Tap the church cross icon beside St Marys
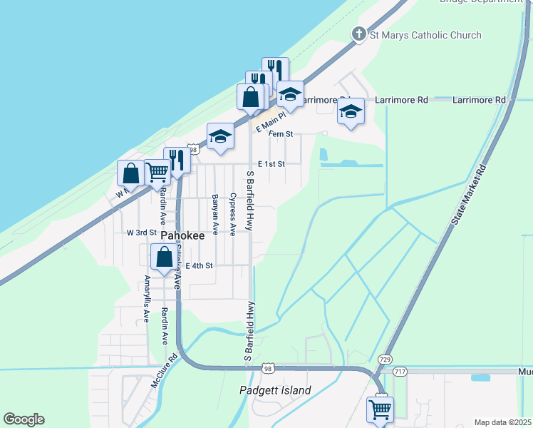click(x=360, y=34)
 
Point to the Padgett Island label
click(x=274, y=390)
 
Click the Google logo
click(x=24, y=419)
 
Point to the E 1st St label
click(x=271, y=164)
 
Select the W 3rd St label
click(x=141, y=233)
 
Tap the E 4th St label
click(x=199, y=265)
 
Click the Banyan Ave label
click(x=214, y=210)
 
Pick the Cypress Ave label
click(x=232, y=210)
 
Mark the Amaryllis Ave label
click(x=147, y=298)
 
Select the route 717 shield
click(x=400, y=371)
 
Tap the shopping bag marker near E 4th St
click(x=164, y=257)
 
